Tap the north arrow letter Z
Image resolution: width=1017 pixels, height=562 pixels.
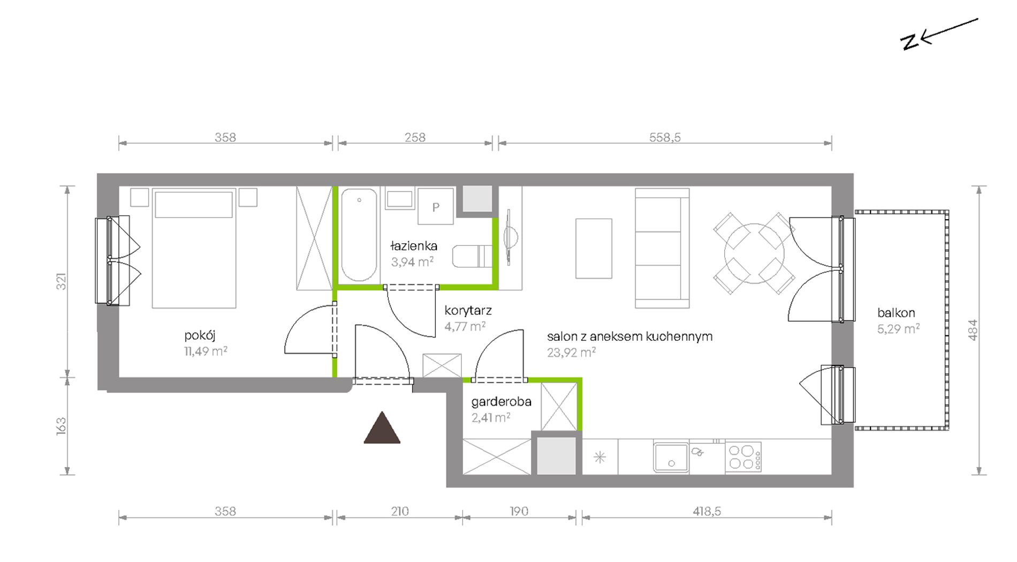click(x=909, y=42)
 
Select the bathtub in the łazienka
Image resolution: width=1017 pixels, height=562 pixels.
click(x=359, y=235)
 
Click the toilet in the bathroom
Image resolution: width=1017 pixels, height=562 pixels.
click(x=472, y=256)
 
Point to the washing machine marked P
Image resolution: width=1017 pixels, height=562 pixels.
click(x=436, y=206)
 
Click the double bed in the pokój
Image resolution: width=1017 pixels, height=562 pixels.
click(x=194, y=248)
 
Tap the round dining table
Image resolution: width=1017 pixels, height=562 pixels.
click(x=754, y=253)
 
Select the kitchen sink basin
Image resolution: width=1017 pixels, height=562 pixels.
click(x=671, y=457)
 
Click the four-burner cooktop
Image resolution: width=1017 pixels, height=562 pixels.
click(x=743, y=457)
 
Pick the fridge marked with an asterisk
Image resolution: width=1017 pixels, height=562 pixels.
click(x=600, y=457)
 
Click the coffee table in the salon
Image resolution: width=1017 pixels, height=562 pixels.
click(x=594, y=249)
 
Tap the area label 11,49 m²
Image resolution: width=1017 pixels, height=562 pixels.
click(x=206, y=351)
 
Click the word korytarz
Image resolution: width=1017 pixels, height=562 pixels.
click(x=468, y=310)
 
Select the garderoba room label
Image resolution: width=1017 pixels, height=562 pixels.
click(x=501, y=402)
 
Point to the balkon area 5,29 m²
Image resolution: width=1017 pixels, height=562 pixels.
click(x=898, y=329)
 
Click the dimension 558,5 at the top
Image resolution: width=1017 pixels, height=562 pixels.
click(x=665, y=137)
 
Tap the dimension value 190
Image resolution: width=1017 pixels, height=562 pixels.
click(x=519, y=511)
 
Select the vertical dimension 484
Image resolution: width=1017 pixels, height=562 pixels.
click(x=973, y=330)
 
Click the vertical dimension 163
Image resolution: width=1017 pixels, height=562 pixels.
click(x=62, y=426)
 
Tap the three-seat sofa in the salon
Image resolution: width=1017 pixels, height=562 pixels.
click(x=662, y=248)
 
